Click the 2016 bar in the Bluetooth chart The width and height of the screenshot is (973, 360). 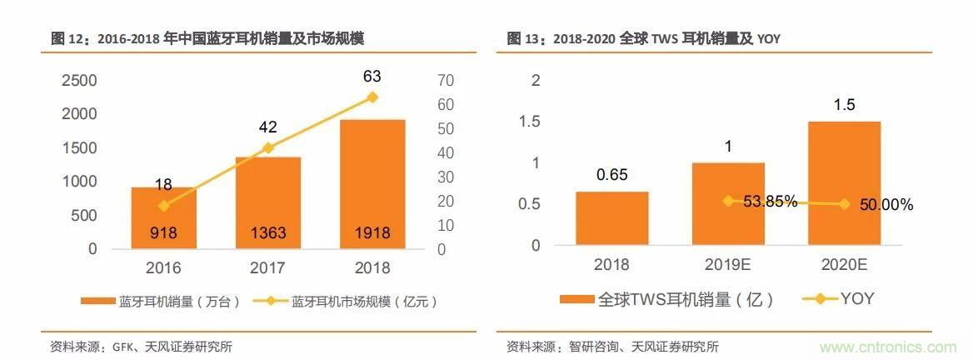[x=163, y=218]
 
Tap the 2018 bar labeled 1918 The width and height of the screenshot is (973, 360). [x=372, y=184]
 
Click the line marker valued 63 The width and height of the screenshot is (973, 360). [x=372, y=97]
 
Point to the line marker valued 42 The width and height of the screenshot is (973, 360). [x=267, y=147]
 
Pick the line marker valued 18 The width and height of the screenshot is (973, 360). [x=163, y=205]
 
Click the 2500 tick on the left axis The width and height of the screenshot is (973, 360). [x=81, y=81]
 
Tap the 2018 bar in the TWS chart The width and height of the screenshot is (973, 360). [x=611, y=218]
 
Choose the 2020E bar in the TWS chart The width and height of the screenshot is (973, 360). [x=844, y=183]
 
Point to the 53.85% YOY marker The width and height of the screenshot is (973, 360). [x=728, y=201]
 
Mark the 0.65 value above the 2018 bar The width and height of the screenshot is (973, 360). [x=611, y=175]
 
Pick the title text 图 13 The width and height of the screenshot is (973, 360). [x=525, y=38]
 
